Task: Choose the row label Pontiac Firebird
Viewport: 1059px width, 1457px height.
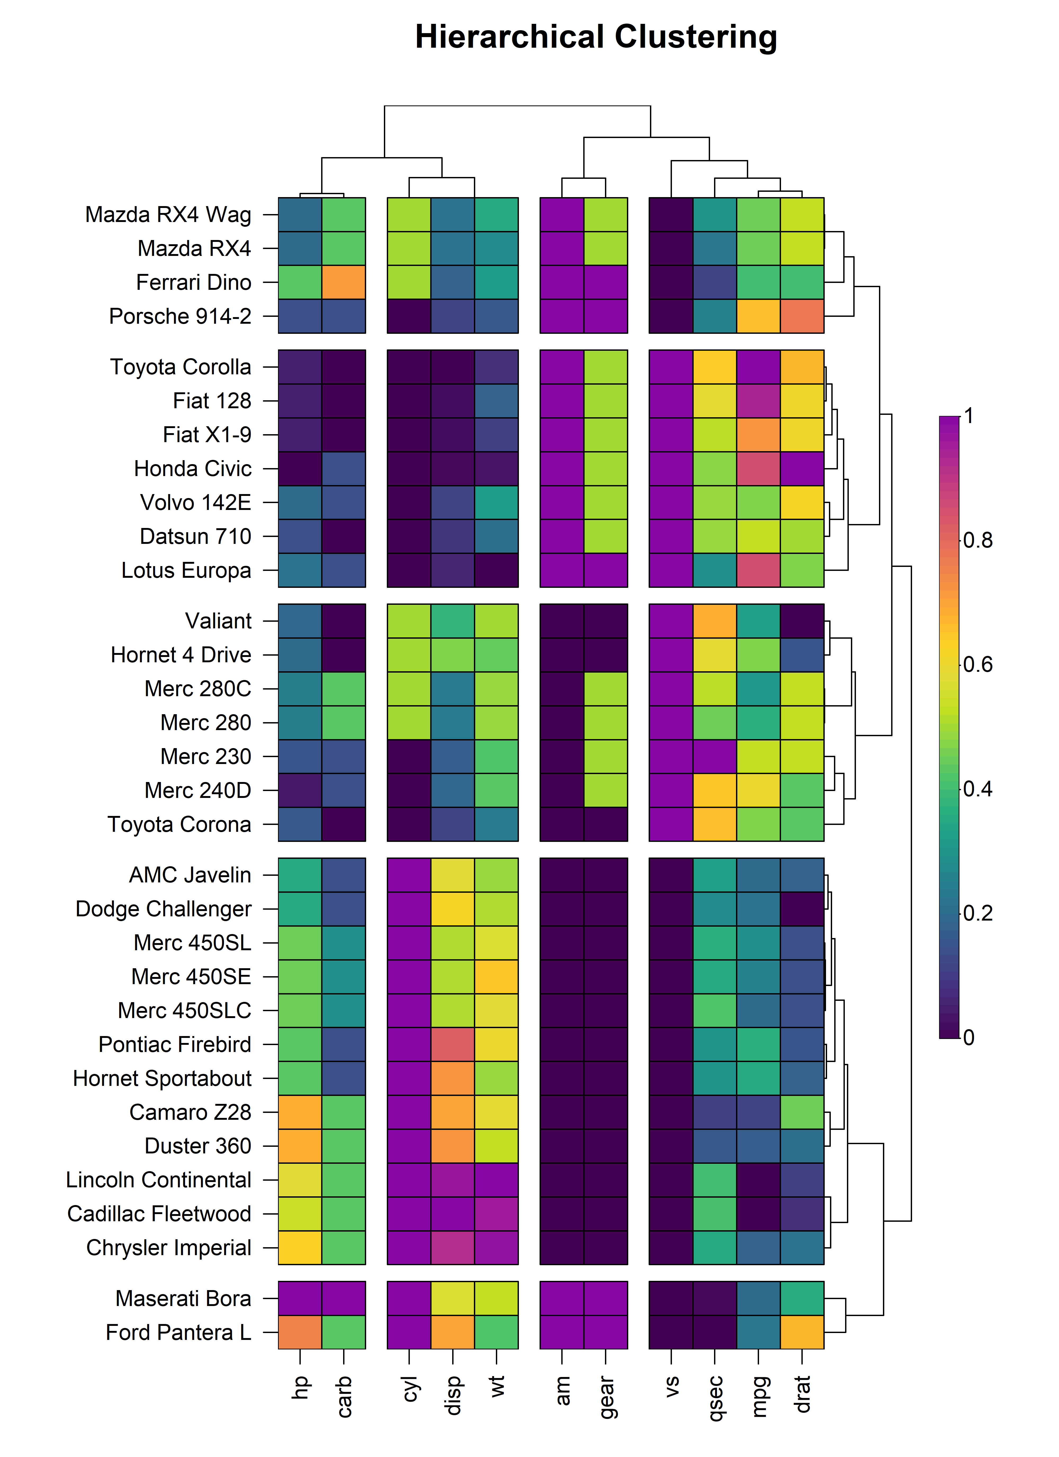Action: pos(175,1045)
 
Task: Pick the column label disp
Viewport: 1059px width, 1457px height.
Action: pos(453,1395)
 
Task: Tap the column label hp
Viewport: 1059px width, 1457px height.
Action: pos(300,1388)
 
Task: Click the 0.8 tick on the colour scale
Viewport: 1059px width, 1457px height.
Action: pos(977,540)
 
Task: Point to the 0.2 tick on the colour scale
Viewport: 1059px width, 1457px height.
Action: pos(977,913)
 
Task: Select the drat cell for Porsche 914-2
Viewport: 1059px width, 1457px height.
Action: pos(802,316)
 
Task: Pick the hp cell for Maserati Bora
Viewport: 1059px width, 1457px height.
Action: pos(300,1298)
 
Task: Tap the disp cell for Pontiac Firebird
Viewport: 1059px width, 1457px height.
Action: pos(453,1045)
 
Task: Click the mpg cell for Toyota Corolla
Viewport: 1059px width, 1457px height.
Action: pos(759,367)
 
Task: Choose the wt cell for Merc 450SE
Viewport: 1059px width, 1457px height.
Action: pos(496,976)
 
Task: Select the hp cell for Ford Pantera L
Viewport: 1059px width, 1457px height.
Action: pos(300,1332)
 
